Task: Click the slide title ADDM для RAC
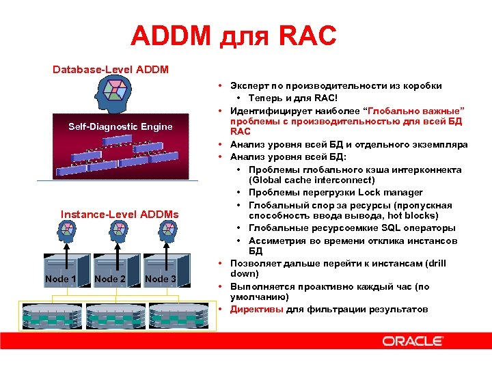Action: click(x=234, y=36)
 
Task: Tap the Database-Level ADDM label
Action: click(x=111, y=70)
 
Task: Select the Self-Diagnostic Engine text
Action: click(x=120, y=126)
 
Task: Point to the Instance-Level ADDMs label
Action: click(x=120, y=215)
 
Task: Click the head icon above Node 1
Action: click(x=68, y=234)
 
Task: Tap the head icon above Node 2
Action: click(x=113, y=234)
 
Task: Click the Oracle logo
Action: click(x=412, y=341)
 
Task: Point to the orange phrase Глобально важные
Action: click(x=415, y=110)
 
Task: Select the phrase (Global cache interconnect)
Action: click(x=312, y=180)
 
